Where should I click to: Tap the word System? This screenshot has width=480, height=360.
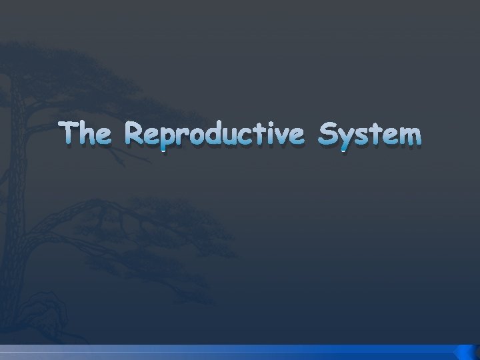click(370, 135)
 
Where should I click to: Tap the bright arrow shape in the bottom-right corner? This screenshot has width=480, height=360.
click(465, 352)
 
